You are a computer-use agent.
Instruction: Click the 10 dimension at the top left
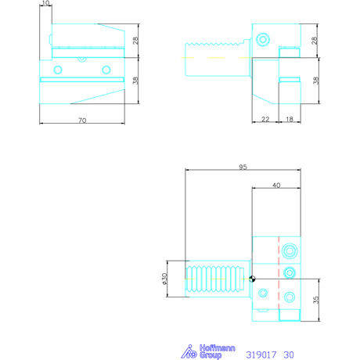(46, 4)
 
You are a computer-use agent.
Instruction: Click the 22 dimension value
(265, 119)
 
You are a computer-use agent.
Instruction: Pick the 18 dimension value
(290, 119)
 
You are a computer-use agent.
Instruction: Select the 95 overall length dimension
(243, 165)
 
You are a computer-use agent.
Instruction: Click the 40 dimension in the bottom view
(276, 185)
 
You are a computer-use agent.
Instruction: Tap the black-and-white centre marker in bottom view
(252, 279)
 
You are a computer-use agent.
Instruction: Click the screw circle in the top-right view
(263, 37)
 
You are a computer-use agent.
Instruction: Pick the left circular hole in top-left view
(56, 70)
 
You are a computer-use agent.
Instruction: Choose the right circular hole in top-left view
(106, 70)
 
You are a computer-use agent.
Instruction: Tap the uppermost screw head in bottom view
(290, 250)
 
